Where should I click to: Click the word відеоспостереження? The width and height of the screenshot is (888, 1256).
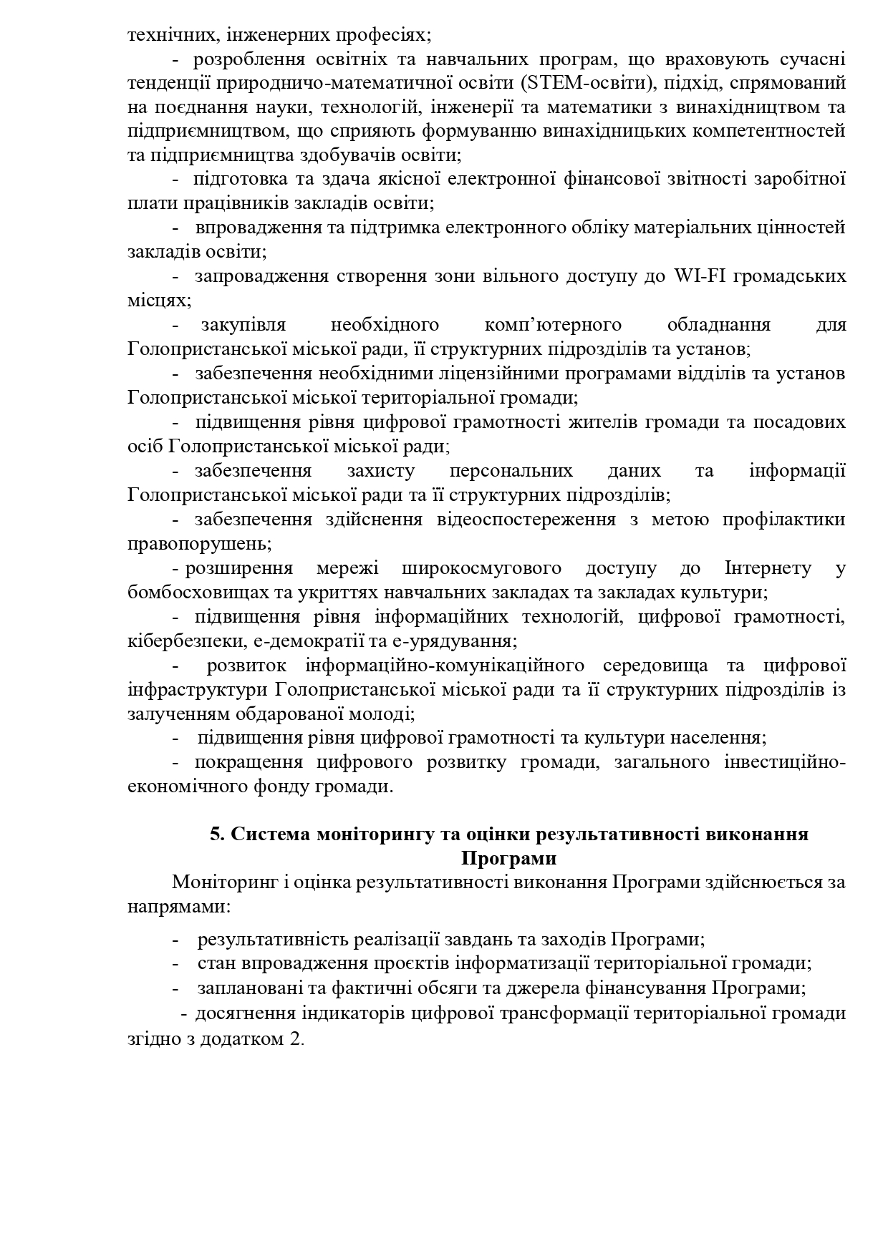pos(526,519)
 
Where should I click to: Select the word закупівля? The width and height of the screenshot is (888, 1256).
pos(243,325)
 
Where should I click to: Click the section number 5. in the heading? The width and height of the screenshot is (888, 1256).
pos(218,834)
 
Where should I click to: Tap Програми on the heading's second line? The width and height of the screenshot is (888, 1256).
pos(508,857)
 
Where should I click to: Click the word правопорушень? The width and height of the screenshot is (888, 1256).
pos(199,543)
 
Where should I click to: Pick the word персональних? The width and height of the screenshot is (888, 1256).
pos(511,471)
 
